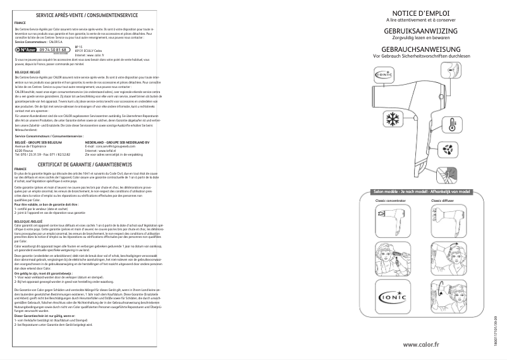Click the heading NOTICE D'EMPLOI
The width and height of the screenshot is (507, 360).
[420, 13]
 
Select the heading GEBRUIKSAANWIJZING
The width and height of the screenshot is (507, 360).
[420, 31]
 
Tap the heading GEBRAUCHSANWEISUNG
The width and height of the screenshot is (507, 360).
[420, 49]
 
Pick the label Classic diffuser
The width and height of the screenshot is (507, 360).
[442, 201]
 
